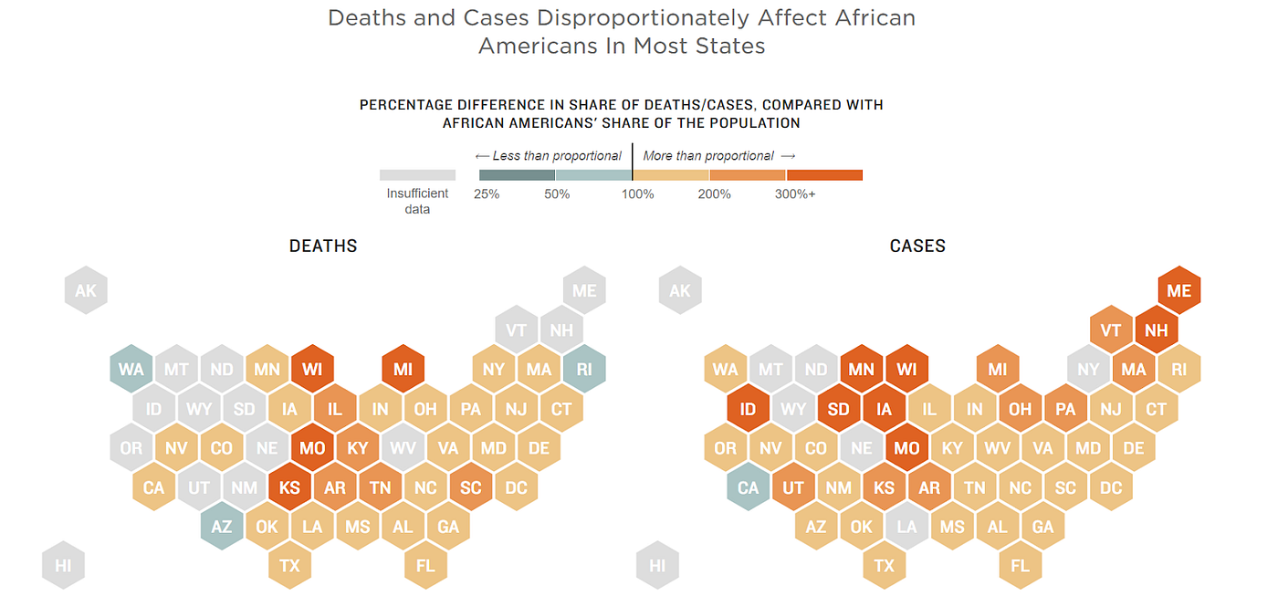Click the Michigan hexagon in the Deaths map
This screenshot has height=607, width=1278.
[403, 370]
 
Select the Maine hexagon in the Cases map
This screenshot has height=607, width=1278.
[1179, 291]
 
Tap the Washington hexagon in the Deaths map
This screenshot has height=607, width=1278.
[131, 370]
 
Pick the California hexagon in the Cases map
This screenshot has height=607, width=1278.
[748, 487]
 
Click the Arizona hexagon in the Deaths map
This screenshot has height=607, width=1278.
[222, 527]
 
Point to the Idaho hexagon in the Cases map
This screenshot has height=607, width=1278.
[748, 409]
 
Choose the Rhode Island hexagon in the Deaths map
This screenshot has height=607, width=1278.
[584, 370]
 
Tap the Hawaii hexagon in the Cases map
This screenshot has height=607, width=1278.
[657, 566]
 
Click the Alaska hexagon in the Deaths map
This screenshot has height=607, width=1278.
[86, 291]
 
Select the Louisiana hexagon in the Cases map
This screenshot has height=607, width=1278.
[906, 527]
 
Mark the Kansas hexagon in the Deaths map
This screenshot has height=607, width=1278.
[289, 487]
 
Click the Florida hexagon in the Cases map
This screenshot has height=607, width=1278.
[1020, 566]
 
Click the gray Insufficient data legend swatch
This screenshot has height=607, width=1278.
[417, 175]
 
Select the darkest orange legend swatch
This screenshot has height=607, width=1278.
[824, 175]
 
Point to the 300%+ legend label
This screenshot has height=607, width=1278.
[795, 194]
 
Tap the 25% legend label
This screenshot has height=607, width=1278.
[487, 194]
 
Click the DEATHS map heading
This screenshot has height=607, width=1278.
[323, 246]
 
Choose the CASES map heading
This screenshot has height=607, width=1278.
[917, 246]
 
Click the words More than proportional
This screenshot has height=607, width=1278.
[708, 156]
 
